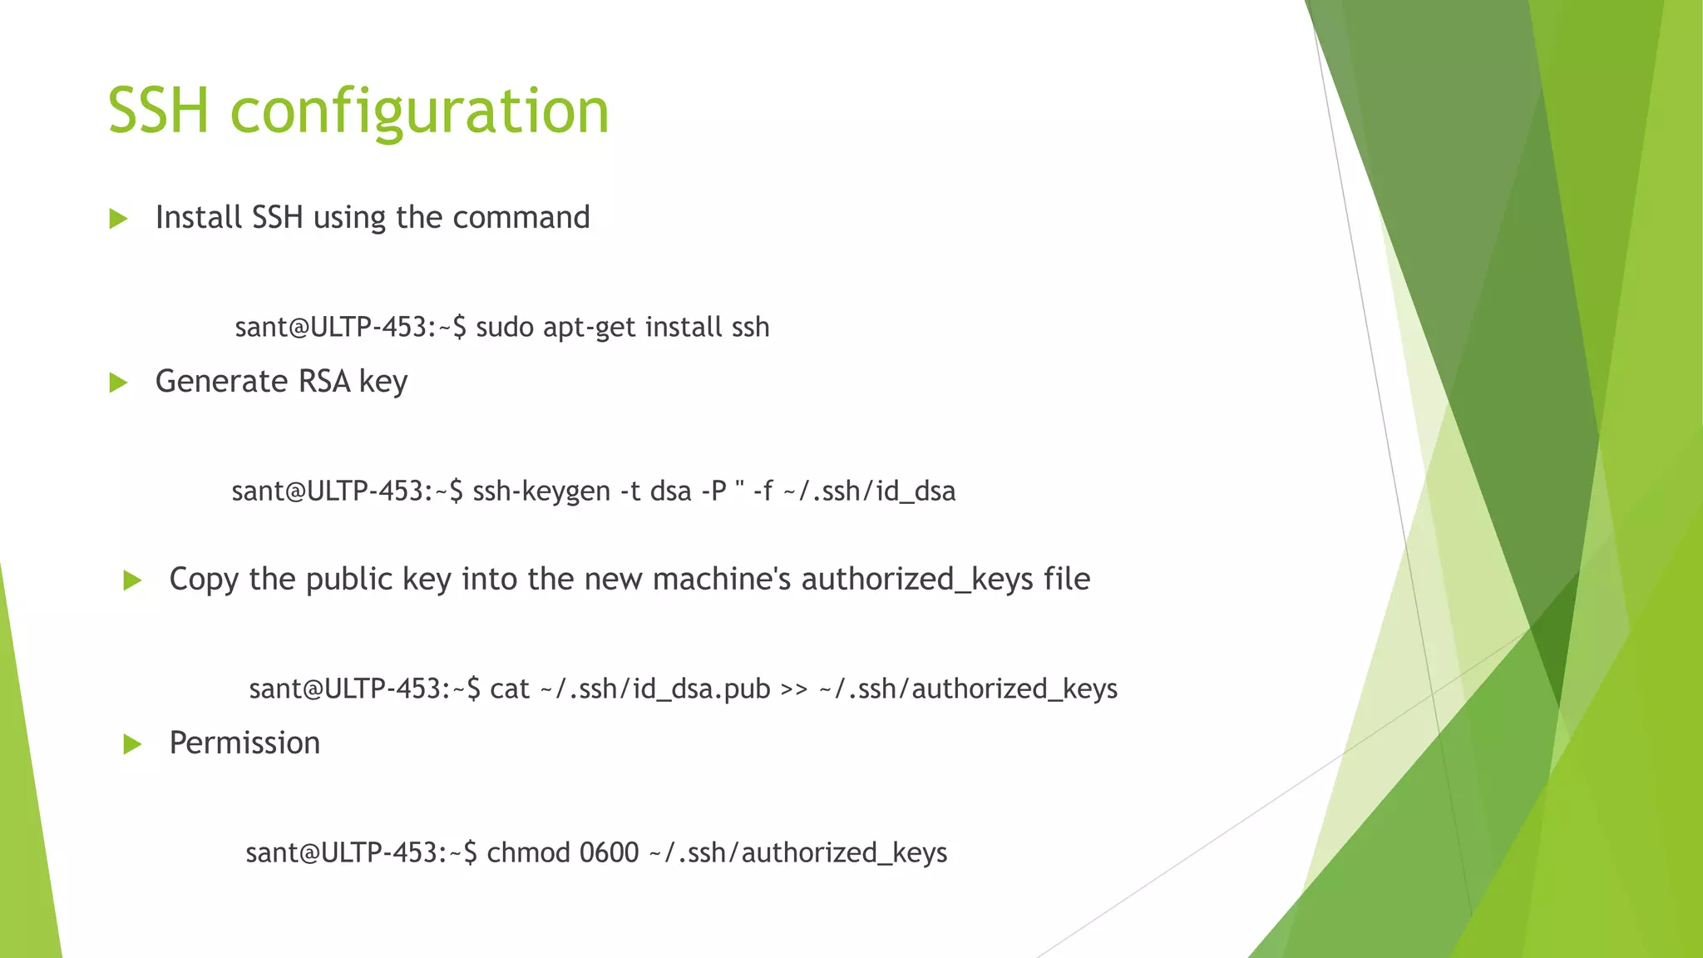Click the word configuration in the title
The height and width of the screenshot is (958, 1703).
click(419, 111)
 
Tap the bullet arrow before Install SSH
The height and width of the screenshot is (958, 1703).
click(118, 220)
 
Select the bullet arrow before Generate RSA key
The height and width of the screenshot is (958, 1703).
click(118, 383)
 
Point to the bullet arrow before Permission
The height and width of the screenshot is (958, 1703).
click(132, 744)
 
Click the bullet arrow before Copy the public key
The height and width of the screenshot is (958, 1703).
click(132, 580)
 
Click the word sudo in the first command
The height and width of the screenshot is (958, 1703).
click(505, 328)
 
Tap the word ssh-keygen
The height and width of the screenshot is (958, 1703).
click(541, 491)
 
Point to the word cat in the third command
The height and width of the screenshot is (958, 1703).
click(510, 689)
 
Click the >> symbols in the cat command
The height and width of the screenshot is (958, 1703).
click(794, 689)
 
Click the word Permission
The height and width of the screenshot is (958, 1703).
click(244, 743)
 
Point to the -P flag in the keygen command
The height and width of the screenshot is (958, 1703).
click(714, 491)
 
